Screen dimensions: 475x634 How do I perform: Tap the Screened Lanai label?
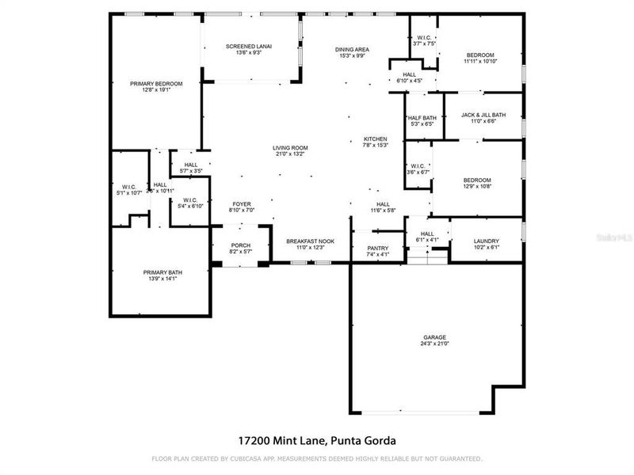click(x=249, y=47)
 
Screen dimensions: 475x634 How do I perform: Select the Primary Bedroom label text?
click(x=157, y=83)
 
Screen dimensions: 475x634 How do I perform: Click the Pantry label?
click(x=377, y=248)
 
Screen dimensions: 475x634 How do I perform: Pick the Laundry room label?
click(x=486, y=241)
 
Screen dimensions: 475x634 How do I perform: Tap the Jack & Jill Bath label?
click(x=483, y=115)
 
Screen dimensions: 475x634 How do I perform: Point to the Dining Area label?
click(x=353, y=49)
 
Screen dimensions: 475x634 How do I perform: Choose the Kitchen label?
click(x=375, y=139)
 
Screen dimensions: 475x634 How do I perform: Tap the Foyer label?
click(x=242, y=203)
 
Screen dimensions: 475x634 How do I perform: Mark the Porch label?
click(x=240, y=245)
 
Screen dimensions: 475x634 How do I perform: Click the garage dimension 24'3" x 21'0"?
click(x=434, y=344)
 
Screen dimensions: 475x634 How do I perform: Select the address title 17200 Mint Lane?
click(x=316, y=439)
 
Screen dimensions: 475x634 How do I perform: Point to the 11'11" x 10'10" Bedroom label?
click(x=479, y=55)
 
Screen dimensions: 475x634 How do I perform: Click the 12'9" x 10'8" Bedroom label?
click(x=477, y=180)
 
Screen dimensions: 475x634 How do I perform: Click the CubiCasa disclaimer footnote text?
click(x=316, y=458)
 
